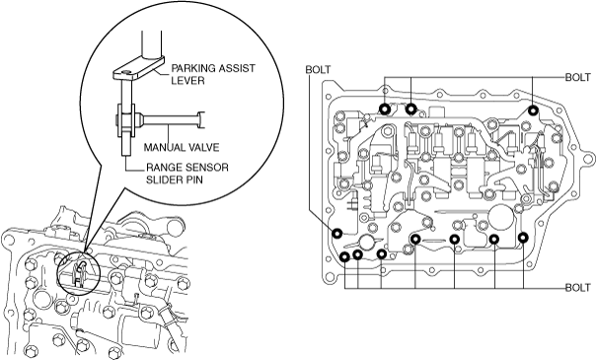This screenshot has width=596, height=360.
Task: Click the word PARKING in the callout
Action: [192, 68]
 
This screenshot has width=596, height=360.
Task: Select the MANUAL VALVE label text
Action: [182, 147]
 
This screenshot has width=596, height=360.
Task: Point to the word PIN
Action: [193, 180]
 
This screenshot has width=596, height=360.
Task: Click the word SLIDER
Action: [164, 180]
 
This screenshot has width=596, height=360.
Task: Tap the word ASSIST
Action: [237, 68]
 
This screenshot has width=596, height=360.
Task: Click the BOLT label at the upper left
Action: [318, 70]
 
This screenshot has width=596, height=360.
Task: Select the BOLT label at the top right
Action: [578, 77]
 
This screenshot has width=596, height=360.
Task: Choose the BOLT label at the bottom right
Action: [578, 287]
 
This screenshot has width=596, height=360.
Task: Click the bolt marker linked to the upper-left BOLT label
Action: [336, 233]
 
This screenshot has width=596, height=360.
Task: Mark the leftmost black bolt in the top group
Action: [385, 109]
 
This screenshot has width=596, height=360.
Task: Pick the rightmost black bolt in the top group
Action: [533, 110]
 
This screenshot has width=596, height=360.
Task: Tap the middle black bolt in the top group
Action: [410, 109]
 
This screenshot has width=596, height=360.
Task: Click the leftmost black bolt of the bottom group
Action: [344, 257]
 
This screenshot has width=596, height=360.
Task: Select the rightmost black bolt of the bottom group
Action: [523, 238]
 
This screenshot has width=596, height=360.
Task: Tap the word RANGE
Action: [164, 167]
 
